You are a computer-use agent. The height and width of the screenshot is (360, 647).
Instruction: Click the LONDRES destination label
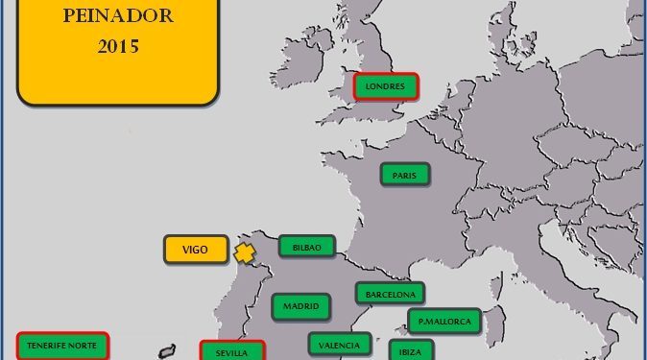(386, 86)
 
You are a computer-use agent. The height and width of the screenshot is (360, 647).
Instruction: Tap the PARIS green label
(404, 175)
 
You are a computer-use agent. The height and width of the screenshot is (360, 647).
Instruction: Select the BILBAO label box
(307, 247)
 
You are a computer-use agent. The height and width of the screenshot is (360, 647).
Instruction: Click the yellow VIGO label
(195, 250)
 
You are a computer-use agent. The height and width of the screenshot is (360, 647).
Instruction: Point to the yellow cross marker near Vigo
(246, 253)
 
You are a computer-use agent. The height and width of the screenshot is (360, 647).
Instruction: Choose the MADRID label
(301, 307)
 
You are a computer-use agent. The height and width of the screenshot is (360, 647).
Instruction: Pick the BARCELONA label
(390, 293)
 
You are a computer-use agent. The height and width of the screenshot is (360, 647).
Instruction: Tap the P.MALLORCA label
(443, 322)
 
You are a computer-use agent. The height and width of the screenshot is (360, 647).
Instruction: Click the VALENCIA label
(340, 344)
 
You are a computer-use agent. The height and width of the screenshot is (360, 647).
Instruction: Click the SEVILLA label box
(231, 351)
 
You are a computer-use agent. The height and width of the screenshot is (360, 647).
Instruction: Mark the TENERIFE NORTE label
(63, 345)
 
